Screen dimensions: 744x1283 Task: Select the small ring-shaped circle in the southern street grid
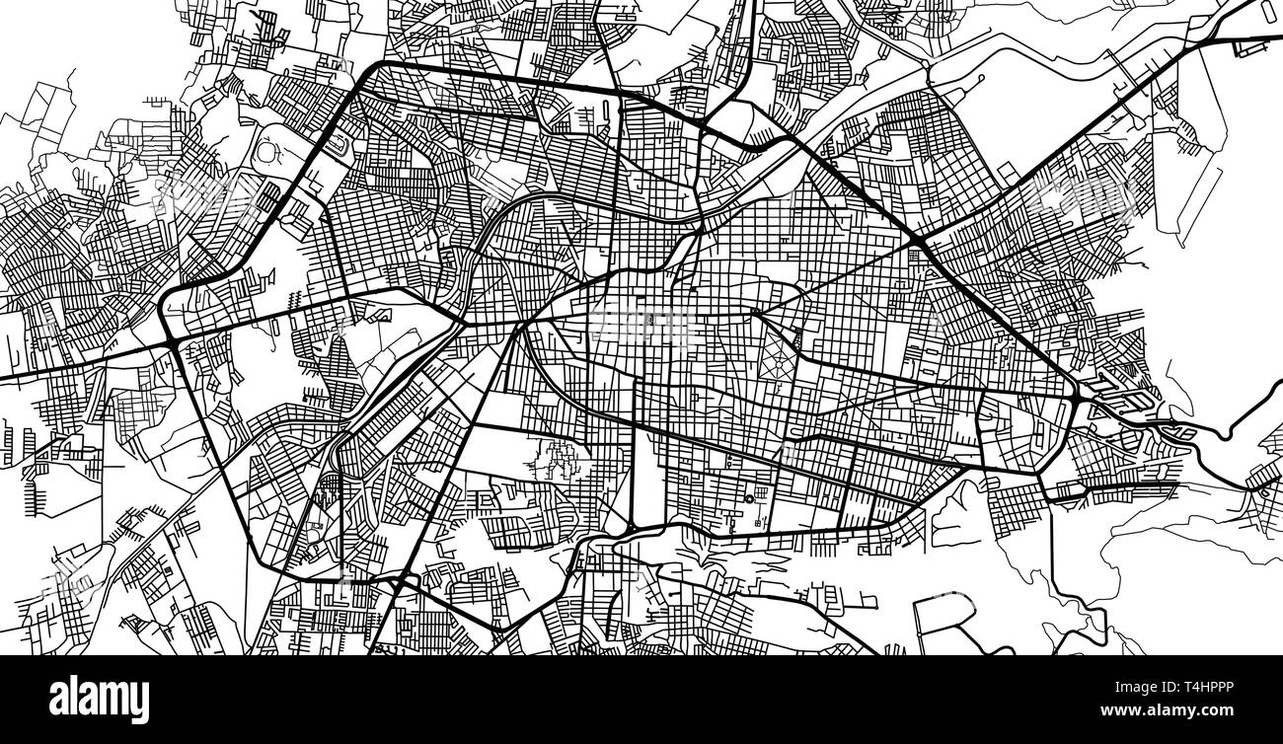coord(749,496)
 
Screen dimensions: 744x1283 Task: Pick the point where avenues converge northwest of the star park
coord(755,313)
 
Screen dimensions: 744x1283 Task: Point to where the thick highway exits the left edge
coord(3,378)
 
